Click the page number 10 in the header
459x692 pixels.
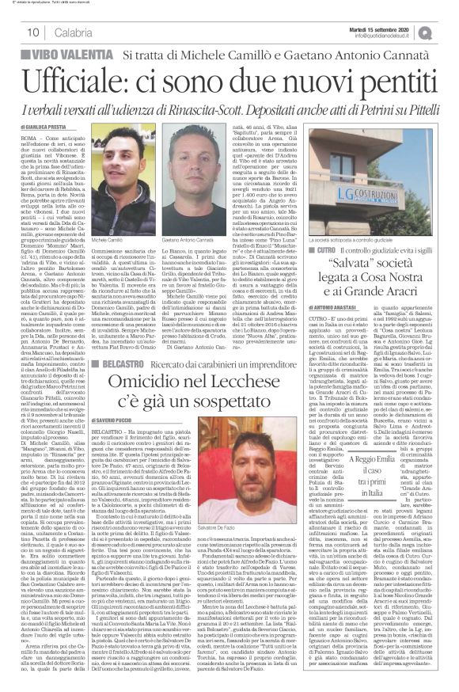click(32, 31)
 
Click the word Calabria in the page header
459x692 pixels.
click(74, 31)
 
